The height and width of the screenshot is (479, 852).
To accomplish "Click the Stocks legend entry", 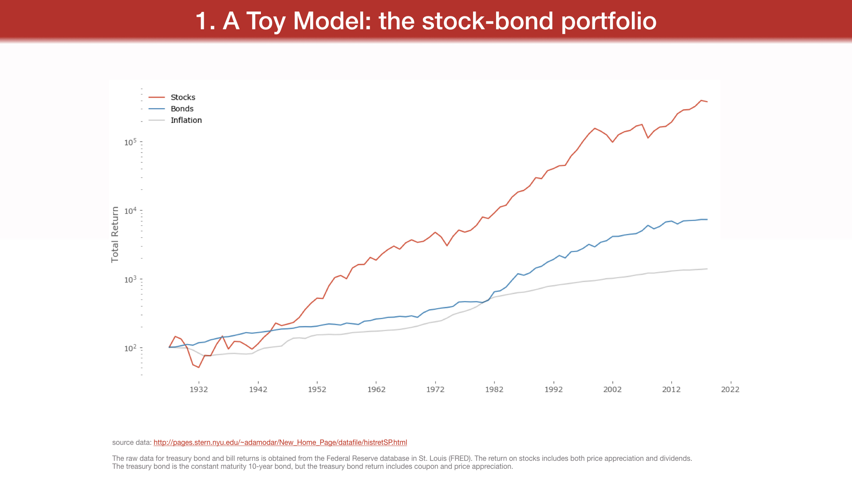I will coord(183,97).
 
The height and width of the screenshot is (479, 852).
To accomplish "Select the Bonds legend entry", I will coord(182,109).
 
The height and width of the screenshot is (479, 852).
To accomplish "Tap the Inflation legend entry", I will coord(186,120).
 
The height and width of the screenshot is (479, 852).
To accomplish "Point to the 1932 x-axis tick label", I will coord(199,389).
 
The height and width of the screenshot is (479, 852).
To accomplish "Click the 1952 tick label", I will coord(317,389).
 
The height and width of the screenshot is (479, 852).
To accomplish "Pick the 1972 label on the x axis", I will coord(435,389).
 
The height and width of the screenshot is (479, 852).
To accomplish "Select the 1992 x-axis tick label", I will coord(553,389).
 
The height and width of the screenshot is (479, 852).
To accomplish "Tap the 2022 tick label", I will coord(730,389).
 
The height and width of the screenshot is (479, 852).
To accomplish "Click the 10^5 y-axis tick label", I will coord(130,142).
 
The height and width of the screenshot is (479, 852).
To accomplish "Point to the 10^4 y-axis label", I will coord(130,211).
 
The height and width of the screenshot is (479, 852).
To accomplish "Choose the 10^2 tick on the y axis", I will coord(130,348).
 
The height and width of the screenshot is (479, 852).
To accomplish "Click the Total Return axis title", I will coord(115,235).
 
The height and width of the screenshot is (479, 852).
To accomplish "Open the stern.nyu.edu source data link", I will coord(280,442).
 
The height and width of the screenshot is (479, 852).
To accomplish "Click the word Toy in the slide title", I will coord(266,21).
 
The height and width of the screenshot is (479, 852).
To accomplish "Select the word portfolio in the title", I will coord(609,21).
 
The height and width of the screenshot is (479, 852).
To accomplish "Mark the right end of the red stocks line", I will coord(707,102).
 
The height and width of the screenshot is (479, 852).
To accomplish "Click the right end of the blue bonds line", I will coord(707,220).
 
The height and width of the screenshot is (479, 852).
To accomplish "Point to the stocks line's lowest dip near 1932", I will coord(199,367).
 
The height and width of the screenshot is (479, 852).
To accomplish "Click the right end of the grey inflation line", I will coord(707,269).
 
